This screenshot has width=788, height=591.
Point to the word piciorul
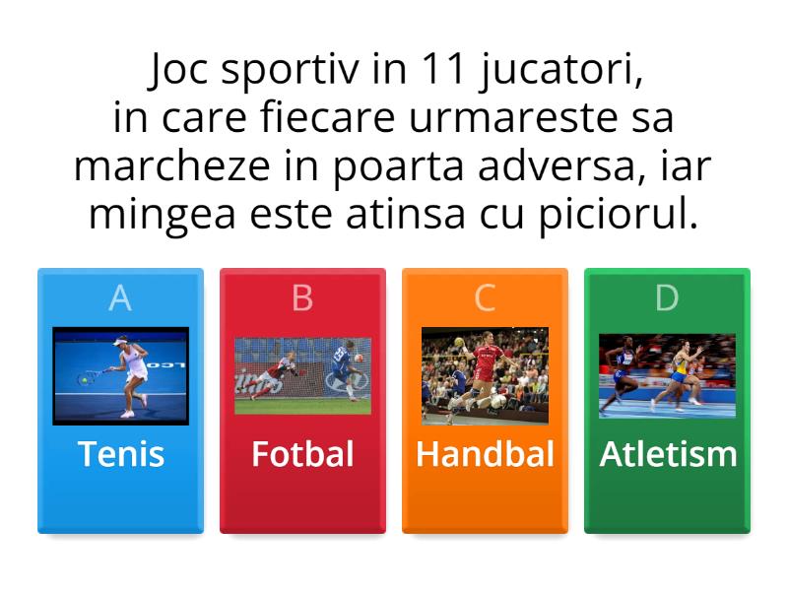pos(620,215)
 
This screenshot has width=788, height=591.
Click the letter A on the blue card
pos(120,298)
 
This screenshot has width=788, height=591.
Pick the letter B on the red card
pos(302,298)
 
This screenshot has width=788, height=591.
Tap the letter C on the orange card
pos(485,298)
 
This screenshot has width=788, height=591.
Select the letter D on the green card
pos(667,298)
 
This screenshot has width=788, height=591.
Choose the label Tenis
pos(121,454)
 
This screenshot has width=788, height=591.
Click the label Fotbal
pos(302,454)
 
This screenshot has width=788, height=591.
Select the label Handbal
pos(485,454)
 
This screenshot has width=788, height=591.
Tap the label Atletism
pos(668,454)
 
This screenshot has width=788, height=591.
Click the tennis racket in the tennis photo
pos(91,377)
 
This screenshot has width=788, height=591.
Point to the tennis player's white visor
pos(120,342)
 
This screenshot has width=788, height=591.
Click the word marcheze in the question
pos(171,167)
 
